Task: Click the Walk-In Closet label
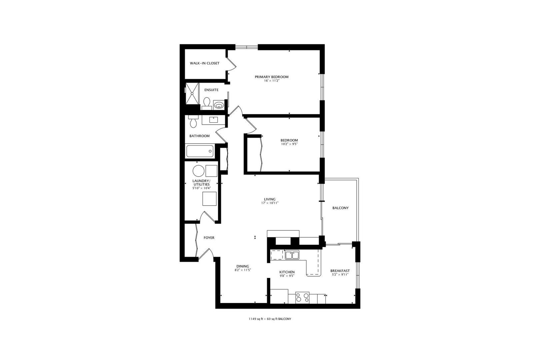point(205,63)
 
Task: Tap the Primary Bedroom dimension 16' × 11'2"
point(271,81)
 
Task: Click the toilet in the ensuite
point(207,102)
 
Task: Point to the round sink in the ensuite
point(219,105)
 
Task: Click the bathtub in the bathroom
point(199,151)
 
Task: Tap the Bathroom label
point(199,136)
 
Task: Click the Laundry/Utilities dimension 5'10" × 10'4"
point(201,188)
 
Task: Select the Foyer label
point(209,238)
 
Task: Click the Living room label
point(270,199)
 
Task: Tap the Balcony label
point(340,208)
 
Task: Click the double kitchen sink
point(292,255)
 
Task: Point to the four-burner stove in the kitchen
point(302,297)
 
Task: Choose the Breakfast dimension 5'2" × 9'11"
point(340,275)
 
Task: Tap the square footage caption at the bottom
point(270,319)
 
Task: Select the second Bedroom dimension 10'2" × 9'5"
point(289,144)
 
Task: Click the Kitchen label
point(287,272)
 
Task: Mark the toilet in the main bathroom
point(193,122)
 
